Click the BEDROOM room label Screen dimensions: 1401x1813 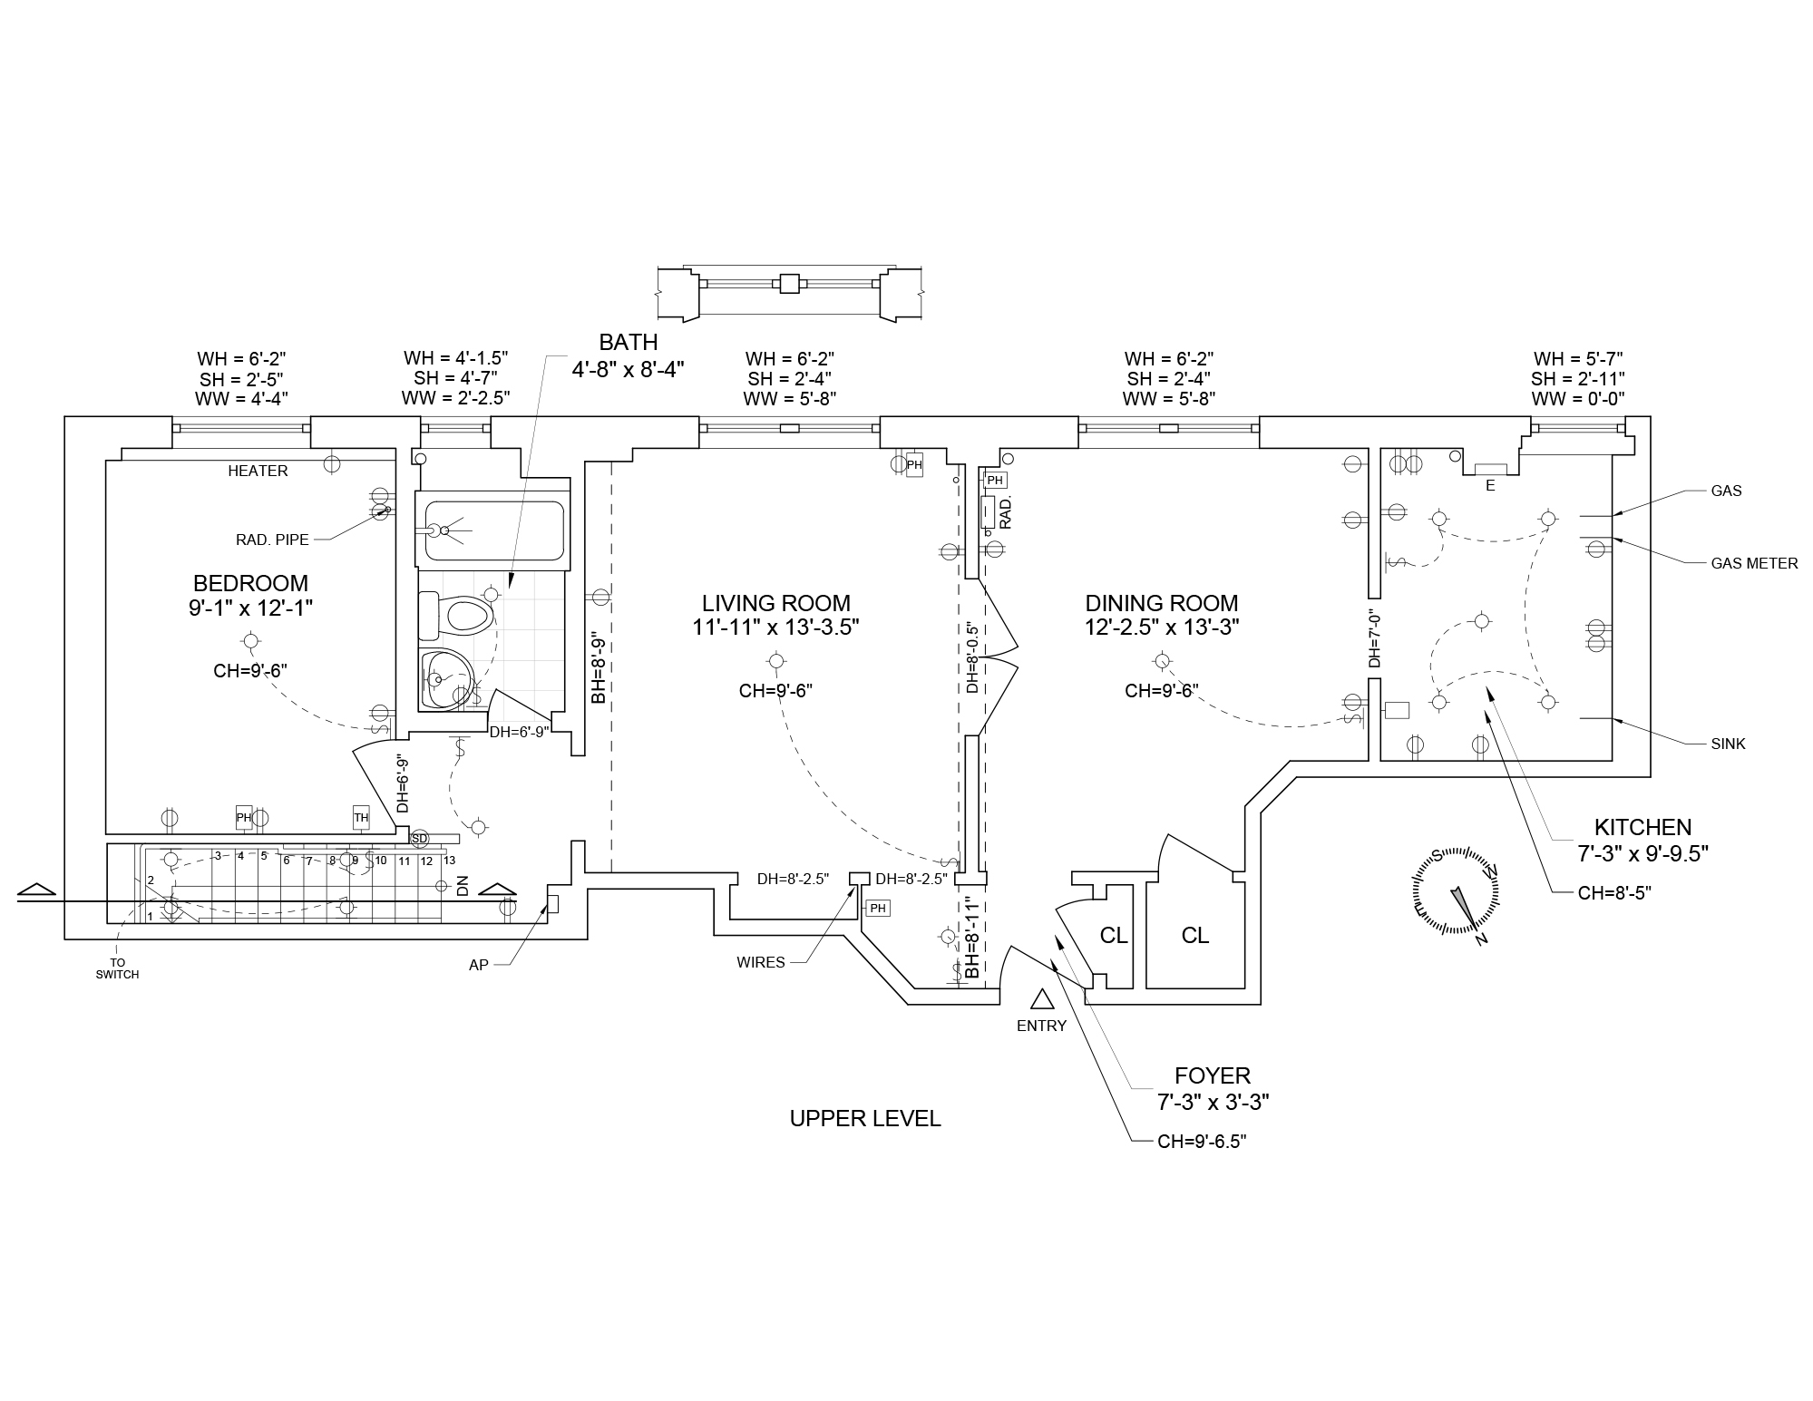pyautogui.click(x=250, y=583)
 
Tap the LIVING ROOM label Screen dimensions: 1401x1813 pyautogui.click(x=775, y=603)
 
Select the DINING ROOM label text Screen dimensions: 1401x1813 pyautogui.click(x=1161, y=603)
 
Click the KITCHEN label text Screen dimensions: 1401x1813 pyautogui.click(x=1642, y=827)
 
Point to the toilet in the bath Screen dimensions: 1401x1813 pyautogui.click(x=459, y=617)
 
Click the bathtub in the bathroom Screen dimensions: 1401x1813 pyautogui.click(x=491, y=531)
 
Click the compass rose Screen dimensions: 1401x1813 pyautogui.click(x=1454, y=890)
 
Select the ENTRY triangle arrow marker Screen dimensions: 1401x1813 pyautogui.click(x=1041, y=998)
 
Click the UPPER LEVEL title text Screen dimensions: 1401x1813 pyautogui.click(x=864, y=1119)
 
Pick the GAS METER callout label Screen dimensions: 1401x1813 pyautogui.click(x=1753, y=563)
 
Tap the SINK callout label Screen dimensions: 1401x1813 pyautogui.click(x=1727, y=744)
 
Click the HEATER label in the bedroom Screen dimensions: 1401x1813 pyautogui.click(x=258, y=471)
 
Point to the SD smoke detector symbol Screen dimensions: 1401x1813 pyautogui.click(x=419, y=838)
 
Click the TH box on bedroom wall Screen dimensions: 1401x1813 pyautogui.click(x=361, y=818)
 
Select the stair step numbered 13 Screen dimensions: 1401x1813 pyautogui.click(x=449, y=861)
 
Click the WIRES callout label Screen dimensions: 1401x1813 pyautogui.click(x=761, y=962)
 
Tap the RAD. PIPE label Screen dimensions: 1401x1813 pyautogui.click(x=272, y=540)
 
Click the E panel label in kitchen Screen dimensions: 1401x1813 pyautogui.click(x=1489, y=485)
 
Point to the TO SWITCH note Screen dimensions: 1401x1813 pyautogui.click(x=117, y=968)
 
